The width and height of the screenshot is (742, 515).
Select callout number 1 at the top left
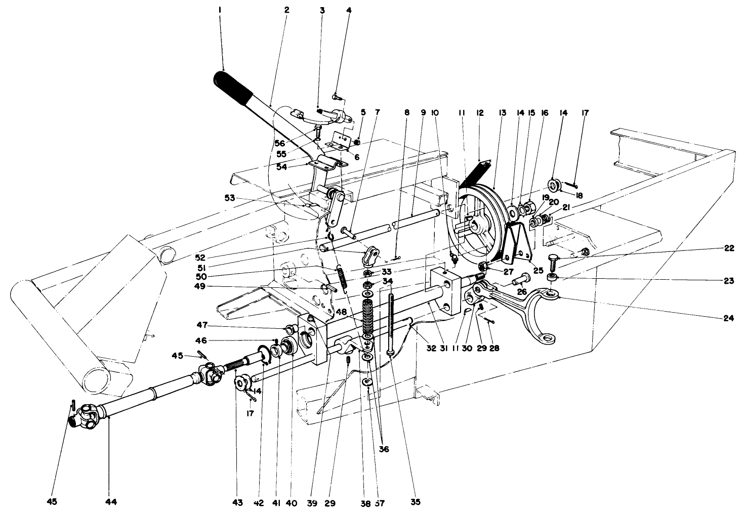coord(220,10)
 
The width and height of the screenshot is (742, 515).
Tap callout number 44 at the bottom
coord(111,502)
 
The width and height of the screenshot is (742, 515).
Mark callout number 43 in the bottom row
coord(238,502)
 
